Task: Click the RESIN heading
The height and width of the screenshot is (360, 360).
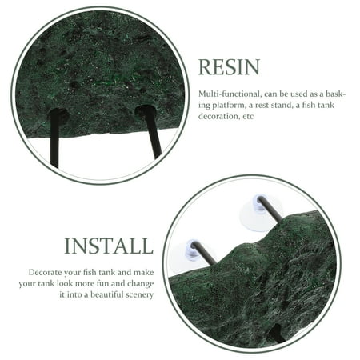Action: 229,67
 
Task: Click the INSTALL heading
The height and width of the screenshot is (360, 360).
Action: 109,246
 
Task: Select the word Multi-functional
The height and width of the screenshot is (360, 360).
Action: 229,94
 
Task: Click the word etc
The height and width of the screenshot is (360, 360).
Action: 248,117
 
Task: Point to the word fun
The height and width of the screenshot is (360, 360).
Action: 105,283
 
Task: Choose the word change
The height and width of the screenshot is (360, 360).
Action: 141,284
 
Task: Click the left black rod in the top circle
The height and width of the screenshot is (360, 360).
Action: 54,140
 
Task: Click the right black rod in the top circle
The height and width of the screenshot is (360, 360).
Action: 152,131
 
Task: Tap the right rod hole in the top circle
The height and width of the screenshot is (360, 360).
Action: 144,110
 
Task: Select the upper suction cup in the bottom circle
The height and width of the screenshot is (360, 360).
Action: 259,212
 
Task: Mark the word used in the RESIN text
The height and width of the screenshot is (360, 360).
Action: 299,94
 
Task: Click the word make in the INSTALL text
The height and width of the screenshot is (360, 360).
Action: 144,272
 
